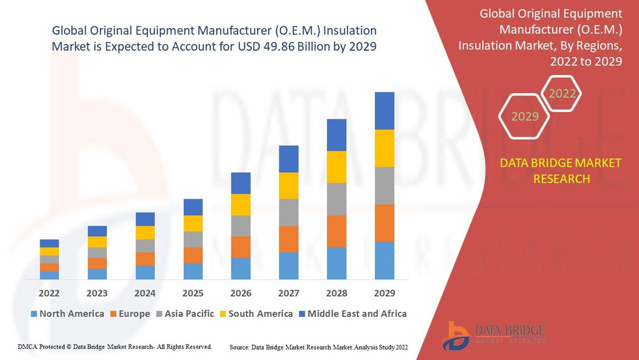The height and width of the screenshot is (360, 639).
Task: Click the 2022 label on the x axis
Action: pos(49,293)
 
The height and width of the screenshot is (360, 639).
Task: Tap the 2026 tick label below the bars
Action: pos(240,293)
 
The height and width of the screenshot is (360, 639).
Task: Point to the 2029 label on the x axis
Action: pos(384,293)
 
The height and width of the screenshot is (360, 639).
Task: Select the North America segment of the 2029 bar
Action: pos(384,261)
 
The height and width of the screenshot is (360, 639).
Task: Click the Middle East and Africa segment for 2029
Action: pos(384,111)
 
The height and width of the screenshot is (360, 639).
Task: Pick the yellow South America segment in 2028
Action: pos(336,167)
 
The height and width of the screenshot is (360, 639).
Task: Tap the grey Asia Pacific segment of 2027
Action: pos(288,212)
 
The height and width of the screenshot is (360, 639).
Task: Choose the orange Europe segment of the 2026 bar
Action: pos(240,247)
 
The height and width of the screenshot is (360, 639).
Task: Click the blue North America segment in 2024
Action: pos(145,272)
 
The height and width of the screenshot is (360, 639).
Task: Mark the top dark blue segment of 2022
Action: pos(49,243)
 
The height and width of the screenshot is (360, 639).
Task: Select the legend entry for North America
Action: pos(67,313)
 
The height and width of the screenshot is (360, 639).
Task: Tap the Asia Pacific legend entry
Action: pos(185,313)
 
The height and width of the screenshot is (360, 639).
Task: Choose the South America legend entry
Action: pos(256,313)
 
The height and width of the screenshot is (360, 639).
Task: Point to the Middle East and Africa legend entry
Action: pos(352,313)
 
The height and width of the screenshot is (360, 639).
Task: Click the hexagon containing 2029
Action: pos(525,116)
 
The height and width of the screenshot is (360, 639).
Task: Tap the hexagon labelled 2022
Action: pos(562,94)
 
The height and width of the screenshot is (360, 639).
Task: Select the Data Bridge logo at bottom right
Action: pos(493,335)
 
